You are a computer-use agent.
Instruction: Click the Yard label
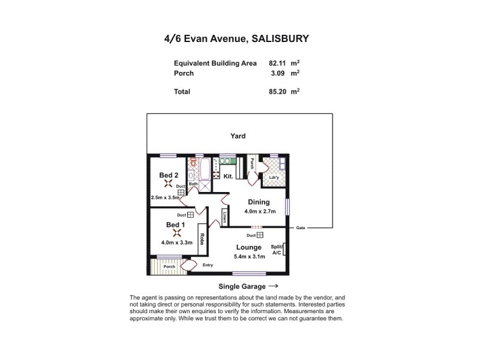coord(238,136)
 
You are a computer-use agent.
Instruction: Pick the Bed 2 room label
coord(169,175)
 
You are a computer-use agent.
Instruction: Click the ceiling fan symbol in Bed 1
coord(176,233)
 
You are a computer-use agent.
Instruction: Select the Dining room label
coord(259,202)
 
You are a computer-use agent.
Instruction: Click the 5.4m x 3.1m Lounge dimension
coord(248,257)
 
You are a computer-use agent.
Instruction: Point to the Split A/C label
coord(277,250)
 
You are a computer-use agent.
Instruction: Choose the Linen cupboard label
coord(224,216)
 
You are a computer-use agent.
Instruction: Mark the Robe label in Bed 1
coord(203,241)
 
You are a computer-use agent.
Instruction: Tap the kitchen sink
coord(227,161)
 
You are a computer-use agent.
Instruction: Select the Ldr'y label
coord(274,178)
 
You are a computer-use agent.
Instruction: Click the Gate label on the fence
coord(300,228)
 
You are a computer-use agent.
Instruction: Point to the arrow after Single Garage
coord(273,286)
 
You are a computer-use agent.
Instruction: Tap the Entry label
coord(208,265)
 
